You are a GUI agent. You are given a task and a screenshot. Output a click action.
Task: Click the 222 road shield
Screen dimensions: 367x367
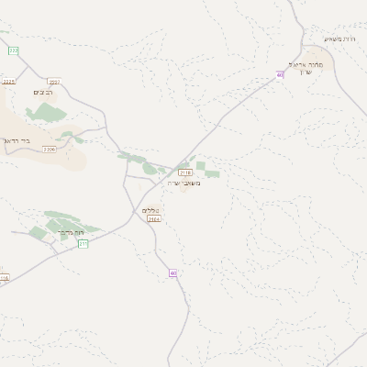14,50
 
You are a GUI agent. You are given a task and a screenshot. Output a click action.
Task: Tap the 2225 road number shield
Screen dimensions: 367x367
9,82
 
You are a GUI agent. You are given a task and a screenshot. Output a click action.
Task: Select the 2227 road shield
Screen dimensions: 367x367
54,83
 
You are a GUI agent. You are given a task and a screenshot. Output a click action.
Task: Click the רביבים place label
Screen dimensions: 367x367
43,94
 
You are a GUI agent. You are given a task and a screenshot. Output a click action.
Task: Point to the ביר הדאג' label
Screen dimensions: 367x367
17,140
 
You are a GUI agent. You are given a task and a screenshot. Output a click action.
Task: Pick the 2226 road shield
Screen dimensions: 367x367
50,149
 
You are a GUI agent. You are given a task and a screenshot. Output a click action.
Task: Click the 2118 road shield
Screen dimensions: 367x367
185,172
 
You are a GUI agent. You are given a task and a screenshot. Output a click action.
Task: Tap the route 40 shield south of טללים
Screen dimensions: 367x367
172,272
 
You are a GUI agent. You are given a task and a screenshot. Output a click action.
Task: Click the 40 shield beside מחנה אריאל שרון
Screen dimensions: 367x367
280,75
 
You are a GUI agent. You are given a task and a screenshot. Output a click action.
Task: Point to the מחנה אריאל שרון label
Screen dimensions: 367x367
308,70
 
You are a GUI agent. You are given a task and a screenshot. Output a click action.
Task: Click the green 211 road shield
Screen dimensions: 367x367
83,243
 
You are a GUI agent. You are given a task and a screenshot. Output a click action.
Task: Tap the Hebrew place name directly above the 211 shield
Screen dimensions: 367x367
71,233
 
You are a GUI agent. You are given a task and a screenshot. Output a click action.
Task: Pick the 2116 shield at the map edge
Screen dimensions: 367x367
4,278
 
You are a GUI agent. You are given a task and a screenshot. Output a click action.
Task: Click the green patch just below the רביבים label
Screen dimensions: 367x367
43,113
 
